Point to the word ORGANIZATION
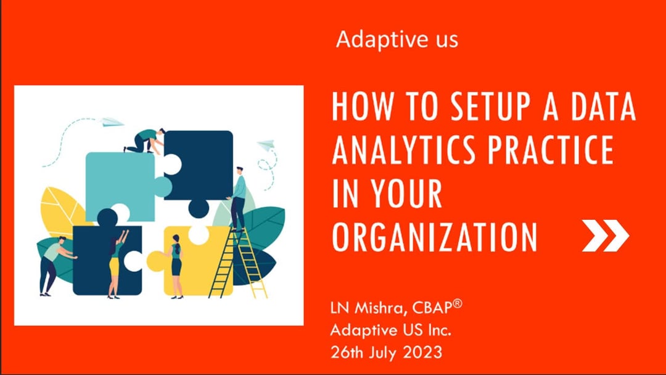(434, 236)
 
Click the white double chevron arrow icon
(605, 235)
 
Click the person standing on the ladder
(238, 198)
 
